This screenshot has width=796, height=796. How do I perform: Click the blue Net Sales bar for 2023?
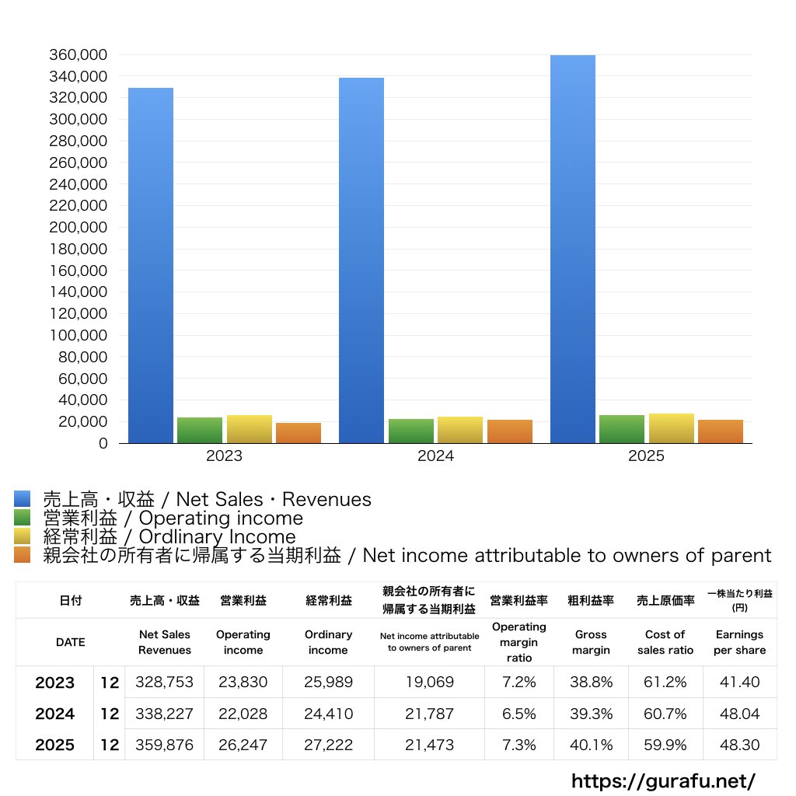pos(151,264)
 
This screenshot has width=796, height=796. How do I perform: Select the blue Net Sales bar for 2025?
pos(573,249)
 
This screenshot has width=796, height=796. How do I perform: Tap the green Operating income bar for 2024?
pos(411,431)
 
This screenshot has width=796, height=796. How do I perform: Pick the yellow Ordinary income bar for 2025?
pos(672,428)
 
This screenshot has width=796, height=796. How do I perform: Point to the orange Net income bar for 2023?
pos(298,433)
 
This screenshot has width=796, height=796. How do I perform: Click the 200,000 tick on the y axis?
pos(79,228)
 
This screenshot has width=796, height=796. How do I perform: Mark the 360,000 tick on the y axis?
pos(79,55)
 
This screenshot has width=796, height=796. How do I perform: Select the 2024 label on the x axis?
pos(435,456)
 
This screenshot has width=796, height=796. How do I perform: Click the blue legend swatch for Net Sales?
pos(22,499)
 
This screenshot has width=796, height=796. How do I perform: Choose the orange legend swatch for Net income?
pos(22,555)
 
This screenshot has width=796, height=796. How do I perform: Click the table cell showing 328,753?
pos(164,683)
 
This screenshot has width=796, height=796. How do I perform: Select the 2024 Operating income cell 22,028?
pos(243,714)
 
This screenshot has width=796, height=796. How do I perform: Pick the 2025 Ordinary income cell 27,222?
pos(328,745)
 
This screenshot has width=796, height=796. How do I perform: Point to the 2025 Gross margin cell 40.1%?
pos(591,745)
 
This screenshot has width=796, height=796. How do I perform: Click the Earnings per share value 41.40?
pos(739,683)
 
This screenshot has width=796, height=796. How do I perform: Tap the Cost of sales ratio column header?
pos(665,642)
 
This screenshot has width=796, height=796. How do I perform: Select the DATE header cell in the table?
pos(71,642)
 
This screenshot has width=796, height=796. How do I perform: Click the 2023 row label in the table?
pos(55,683)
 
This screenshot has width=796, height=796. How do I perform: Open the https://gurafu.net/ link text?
pos(663,780)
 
